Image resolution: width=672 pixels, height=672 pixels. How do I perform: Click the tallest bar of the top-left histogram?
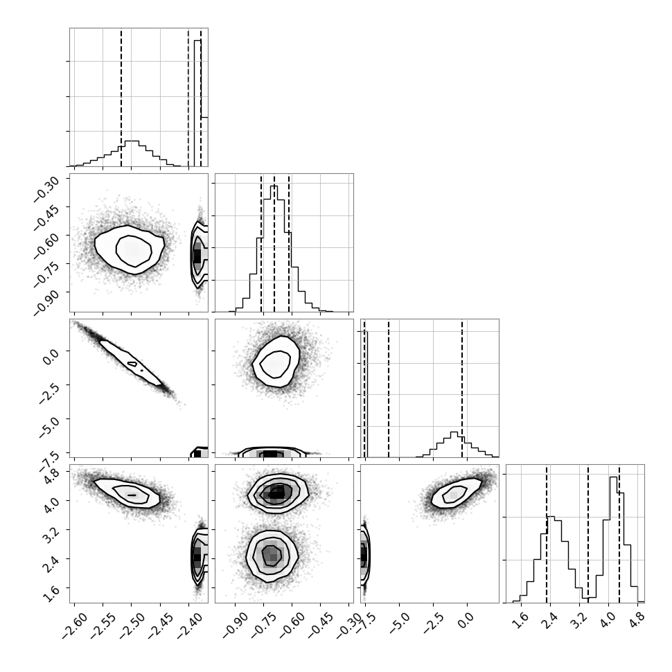pyautogui.click(x=197, y=103)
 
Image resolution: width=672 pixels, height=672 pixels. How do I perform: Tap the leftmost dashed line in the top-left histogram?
pyautogui.click(x=121, y=97)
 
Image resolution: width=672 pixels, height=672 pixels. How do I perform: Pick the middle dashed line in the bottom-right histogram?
pyautogui.click(x=588, y=534)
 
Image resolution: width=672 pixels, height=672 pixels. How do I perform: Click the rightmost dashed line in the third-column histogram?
pyautogui.click(x=462, y=388)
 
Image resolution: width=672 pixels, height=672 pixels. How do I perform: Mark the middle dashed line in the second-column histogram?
pyautogui.click(x=274, y=243)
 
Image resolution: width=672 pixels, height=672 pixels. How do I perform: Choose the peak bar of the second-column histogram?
pyautogui.click(x=274, y=249)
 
